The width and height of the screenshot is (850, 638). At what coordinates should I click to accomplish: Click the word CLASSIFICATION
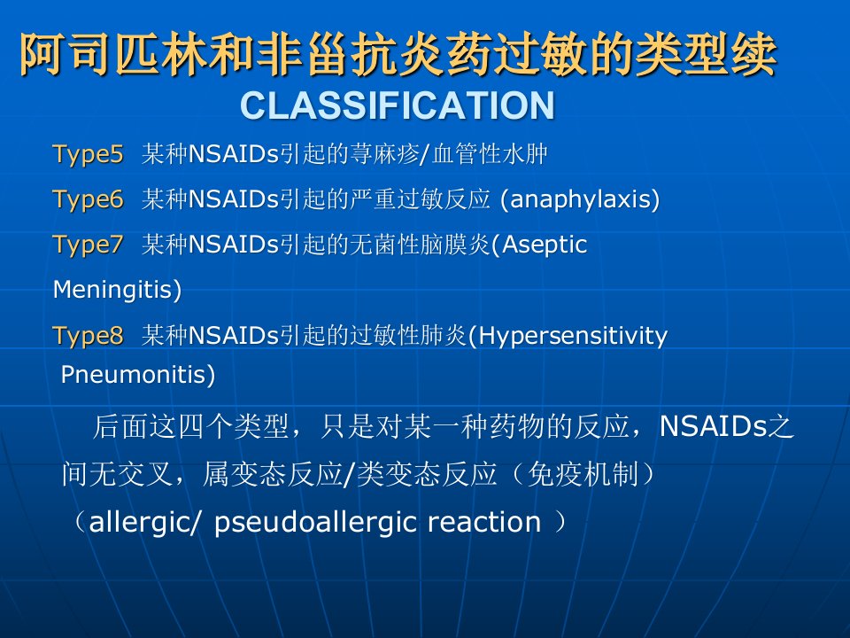398,105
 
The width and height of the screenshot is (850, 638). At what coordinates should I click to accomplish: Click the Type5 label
88,154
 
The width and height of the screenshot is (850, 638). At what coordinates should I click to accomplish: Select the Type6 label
88,199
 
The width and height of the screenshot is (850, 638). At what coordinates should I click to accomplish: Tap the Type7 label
88,245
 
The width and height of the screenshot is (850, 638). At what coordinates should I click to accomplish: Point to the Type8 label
88,336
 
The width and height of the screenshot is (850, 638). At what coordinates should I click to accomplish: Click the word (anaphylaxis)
580,199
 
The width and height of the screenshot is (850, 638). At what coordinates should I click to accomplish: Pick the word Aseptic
545,245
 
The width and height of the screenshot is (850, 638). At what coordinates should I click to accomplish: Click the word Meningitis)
117,290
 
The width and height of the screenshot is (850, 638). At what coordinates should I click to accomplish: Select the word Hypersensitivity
573,337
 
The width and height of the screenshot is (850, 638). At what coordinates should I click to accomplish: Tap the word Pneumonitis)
138,374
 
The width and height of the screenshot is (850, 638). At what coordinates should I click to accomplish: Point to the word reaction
484,523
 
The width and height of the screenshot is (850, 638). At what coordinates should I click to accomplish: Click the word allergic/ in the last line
144,523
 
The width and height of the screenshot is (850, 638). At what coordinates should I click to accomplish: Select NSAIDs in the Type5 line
234,154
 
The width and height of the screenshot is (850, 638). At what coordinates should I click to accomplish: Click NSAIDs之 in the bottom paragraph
727,426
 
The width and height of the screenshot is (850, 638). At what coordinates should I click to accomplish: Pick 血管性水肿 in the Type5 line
490,154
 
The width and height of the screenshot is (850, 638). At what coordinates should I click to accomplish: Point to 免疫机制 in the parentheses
583,474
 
